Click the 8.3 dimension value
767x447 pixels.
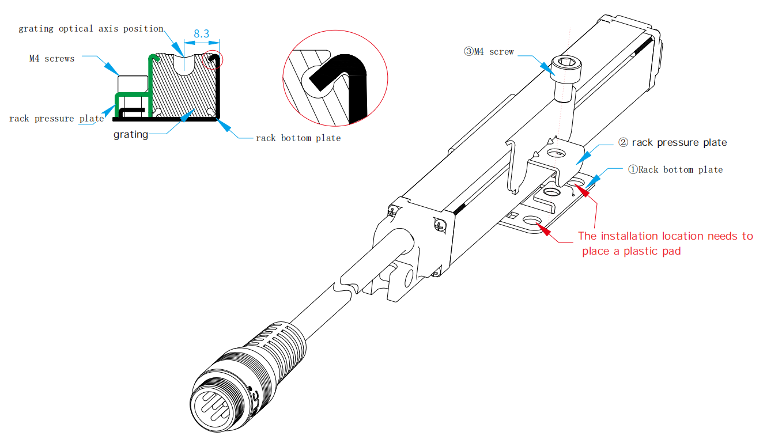(x=201, y=34)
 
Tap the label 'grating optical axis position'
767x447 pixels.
(x=91, y=29)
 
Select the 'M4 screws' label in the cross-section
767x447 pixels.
(x=52, y=58)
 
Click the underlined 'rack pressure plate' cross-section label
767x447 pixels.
(x=56, y=119)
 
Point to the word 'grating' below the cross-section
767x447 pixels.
(x=130, y=135)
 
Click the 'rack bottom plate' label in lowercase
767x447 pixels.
(x=298, y=138)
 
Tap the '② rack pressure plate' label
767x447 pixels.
(x=672, y=142)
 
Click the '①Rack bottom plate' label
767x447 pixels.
(x=675, y=169)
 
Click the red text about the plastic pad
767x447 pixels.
(x=665, y=243)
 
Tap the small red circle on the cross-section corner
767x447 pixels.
(x=213, y=59)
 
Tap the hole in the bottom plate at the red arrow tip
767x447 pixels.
(x=531, y=221)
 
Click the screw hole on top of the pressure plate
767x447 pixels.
(x=557, y=153)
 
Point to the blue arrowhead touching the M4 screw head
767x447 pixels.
(x=547, y=66)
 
